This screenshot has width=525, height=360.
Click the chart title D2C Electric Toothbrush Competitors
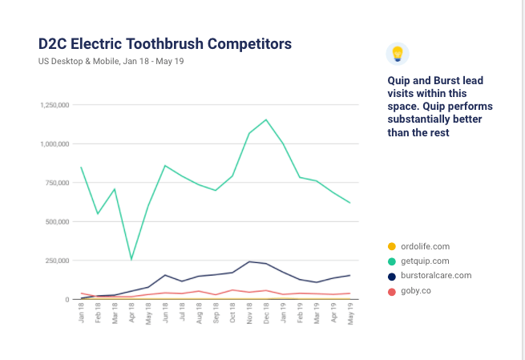(x=164, y=42)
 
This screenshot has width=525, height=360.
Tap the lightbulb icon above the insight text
(x=397, y=54)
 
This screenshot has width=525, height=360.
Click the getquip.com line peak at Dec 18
(x=266, y=119)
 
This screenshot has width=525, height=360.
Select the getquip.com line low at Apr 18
(x=131, y=259)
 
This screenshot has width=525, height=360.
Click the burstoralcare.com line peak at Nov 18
(x=249, y=261)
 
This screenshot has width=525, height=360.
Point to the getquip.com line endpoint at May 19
(x=349, y=203)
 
